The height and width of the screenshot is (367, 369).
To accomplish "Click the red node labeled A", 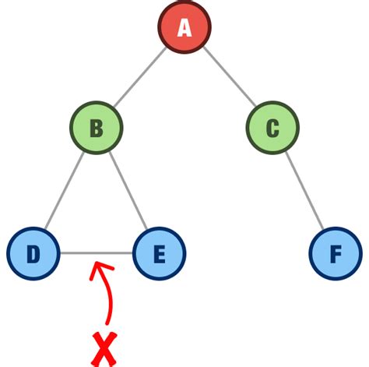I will [184, 28].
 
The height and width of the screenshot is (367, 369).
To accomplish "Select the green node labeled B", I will [97, 128].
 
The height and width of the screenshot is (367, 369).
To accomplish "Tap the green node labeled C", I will [272, 128].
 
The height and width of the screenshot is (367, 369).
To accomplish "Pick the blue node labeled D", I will [33, 253].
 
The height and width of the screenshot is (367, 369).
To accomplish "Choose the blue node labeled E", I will [159, 253].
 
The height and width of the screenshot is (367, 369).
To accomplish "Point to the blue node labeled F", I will [335, 253].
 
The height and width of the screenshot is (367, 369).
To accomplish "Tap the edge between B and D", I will [65, 190].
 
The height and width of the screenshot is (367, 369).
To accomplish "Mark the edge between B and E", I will [128, 190].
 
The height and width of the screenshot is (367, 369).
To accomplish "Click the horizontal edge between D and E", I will [96, 253].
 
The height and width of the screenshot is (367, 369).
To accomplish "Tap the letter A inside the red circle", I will [184, 28].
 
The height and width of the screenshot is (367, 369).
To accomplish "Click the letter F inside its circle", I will [335, 253].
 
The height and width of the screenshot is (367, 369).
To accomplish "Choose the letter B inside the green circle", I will [97, 128].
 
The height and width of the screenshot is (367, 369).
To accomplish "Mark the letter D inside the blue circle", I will [33, 253].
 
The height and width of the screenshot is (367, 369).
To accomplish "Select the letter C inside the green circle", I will [272, 128].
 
